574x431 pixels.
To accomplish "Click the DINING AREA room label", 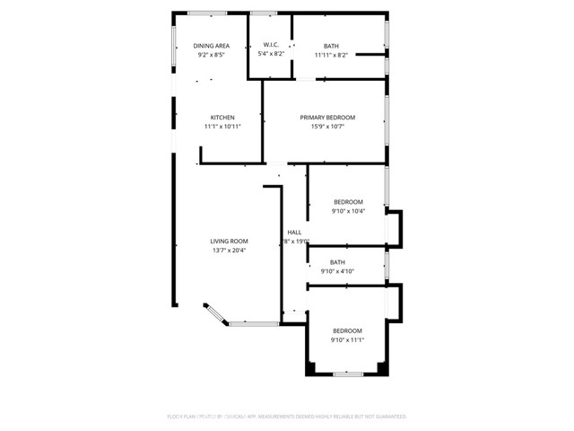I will (x=213, y=46).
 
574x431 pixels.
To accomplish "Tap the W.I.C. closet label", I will (x=272, y=46).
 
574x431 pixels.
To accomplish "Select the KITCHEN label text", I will (x=222, y=118).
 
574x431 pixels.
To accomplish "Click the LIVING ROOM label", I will (x=229, y=242).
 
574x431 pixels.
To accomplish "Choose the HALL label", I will (x=295, y=233).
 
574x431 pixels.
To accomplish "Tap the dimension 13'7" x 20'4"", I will (x=229, y=251).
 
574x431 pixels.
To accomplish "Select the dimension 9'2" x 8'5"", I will (x=213, y=55).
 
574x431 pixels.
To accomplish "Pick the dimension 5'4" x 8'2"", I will (x=272, y=55).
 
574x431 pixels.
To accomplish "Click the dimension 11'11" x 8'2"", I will (x=331, y=55).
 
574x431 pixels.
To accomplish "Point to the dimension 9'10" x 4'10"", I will (x=336, y=271).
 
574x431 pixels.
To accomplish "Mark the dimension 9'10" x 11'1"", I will (x=347, y=339).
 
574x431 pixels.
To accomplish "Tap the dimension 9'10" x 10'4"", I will (x=348, y=211).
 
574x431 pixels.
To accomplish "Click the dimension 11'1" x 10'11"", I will (x=222, y=127).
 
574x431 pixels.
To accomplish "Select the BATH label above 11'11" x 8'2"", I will (x=331, y=46).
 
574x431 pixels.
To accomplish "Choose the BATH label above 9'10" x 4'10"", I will (x=336, y=262).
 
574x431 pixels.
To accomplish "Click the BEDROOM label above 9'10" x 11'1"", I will (x=347, y=330).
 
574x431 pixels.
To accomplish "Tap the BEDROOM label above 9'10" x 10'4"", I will (x=348, y=202).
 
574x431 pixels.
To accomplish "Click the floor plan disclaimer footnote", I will (x=287, y=417).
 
